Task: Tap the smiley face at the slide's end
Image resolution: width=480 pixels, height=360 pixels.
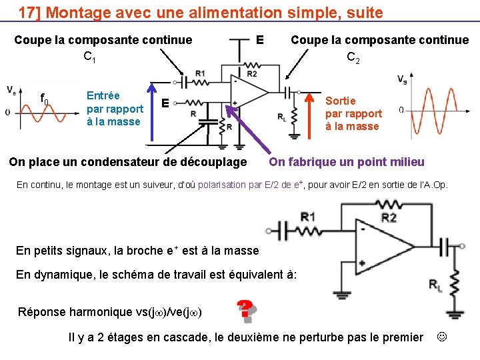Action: [x=441, y=337]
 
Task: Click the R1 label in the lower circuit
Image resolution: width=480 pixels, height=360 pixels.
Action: [x=308, y=216]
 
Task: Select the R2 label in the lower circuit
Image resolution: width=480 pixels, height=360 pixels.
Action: [x=388, y=217]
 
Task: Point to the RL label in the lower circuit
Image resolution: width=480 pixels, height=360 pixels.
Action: [x=435, y=286]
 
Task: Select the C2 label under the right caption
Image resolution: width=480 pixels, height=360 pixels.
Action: [x=353, y=59]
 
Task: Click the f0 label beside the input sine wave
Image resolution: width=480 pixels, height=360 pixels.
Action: [x=45, y=99]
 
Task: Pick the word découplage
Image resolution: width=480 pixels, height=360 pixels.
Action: [x=214, y=162]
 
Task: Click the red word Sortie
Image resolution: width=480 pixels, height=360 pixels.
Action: [x=341, y=101]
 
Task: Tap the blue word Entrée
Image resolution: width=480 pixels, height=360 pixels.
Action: [x=103, y=95]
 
